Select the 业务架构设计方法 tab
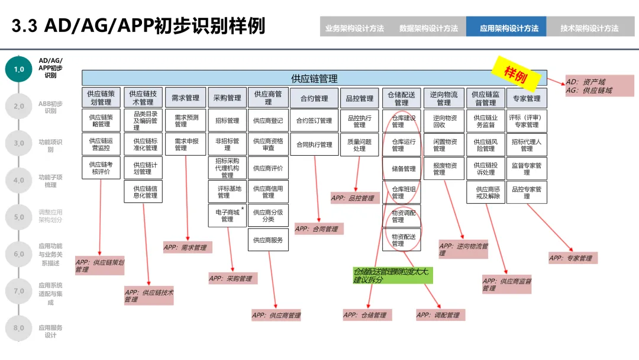tap(354, 28)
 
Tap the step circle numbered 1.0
tap(19, 69)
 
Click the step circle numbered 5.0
tap(19, 217)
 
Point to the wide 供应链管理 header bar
tap(314, 78)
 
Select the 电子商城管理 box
tap(227, 216)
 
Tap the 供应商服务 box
tap(268, 240)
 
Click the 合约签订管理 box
tap(314, 121)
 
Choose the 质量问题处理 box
tap(359, 145)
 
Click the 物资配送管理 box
tap(403, 240)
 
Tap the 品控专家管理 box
tap(526, 192)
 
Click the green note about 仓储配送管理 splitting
tap(391, 275)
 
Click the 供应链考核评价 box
tap(101, 168)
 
